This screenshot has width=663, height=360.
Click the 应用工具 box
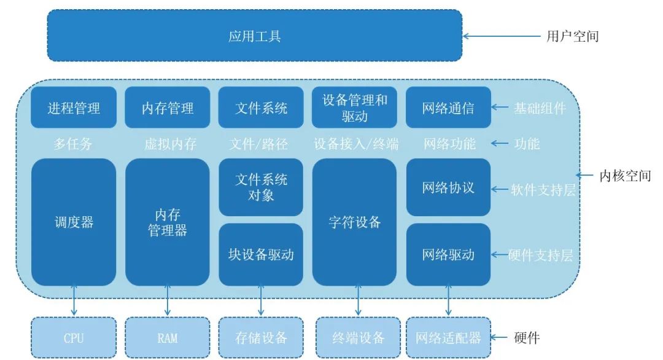(254, 36)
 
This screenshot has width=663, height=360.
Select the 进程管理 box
(74, 108)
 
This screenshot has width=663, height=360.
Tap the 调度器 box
(74, 222)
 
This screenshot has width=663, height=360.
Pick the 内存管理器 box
(168, 222)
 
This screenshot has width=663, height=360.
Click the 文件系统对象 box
(261, 187)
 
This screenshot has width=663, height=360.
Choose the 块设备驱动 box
(261, 254)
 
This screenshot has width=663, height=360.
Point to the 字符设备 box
(354, 222)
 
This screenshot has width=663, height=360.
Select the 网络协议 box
(448, 187)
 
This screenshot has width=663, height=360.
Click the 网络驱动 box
(448, 254)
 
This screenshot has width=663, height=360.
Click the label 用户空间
(572, 36)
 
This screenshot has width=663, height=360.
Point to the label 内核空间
(624, 176)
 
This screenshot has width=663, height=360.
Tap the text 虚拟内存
(170, 144)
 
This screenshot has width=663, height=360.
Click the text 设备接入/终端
(356, 144)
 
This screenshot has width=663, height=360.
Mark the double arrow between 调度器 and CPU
(74, 301)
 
